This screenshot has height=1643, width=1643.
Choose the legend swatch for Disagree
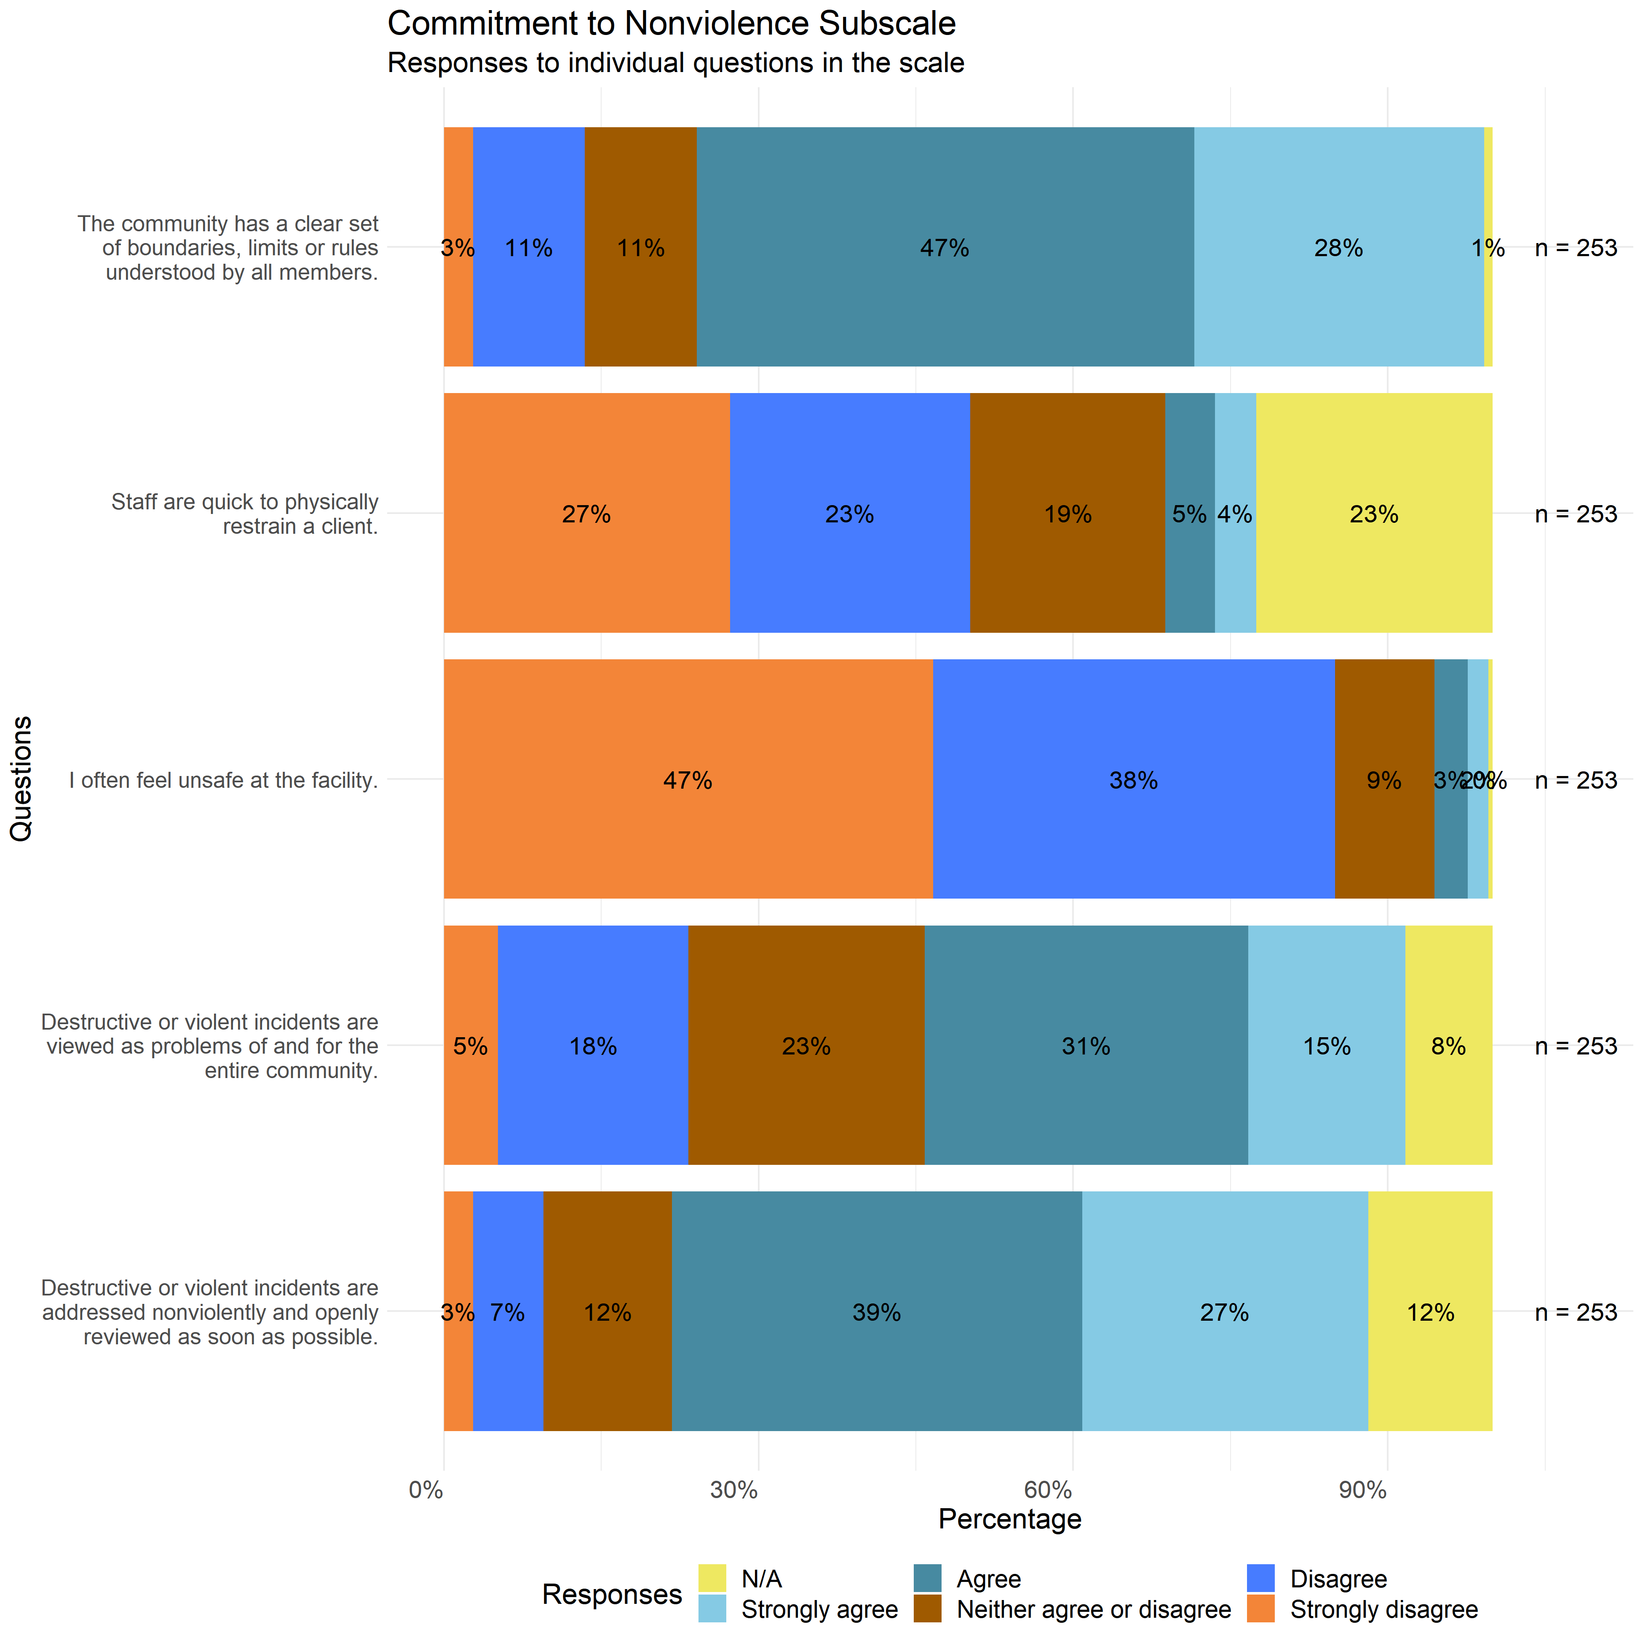click(1261, 1579)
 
